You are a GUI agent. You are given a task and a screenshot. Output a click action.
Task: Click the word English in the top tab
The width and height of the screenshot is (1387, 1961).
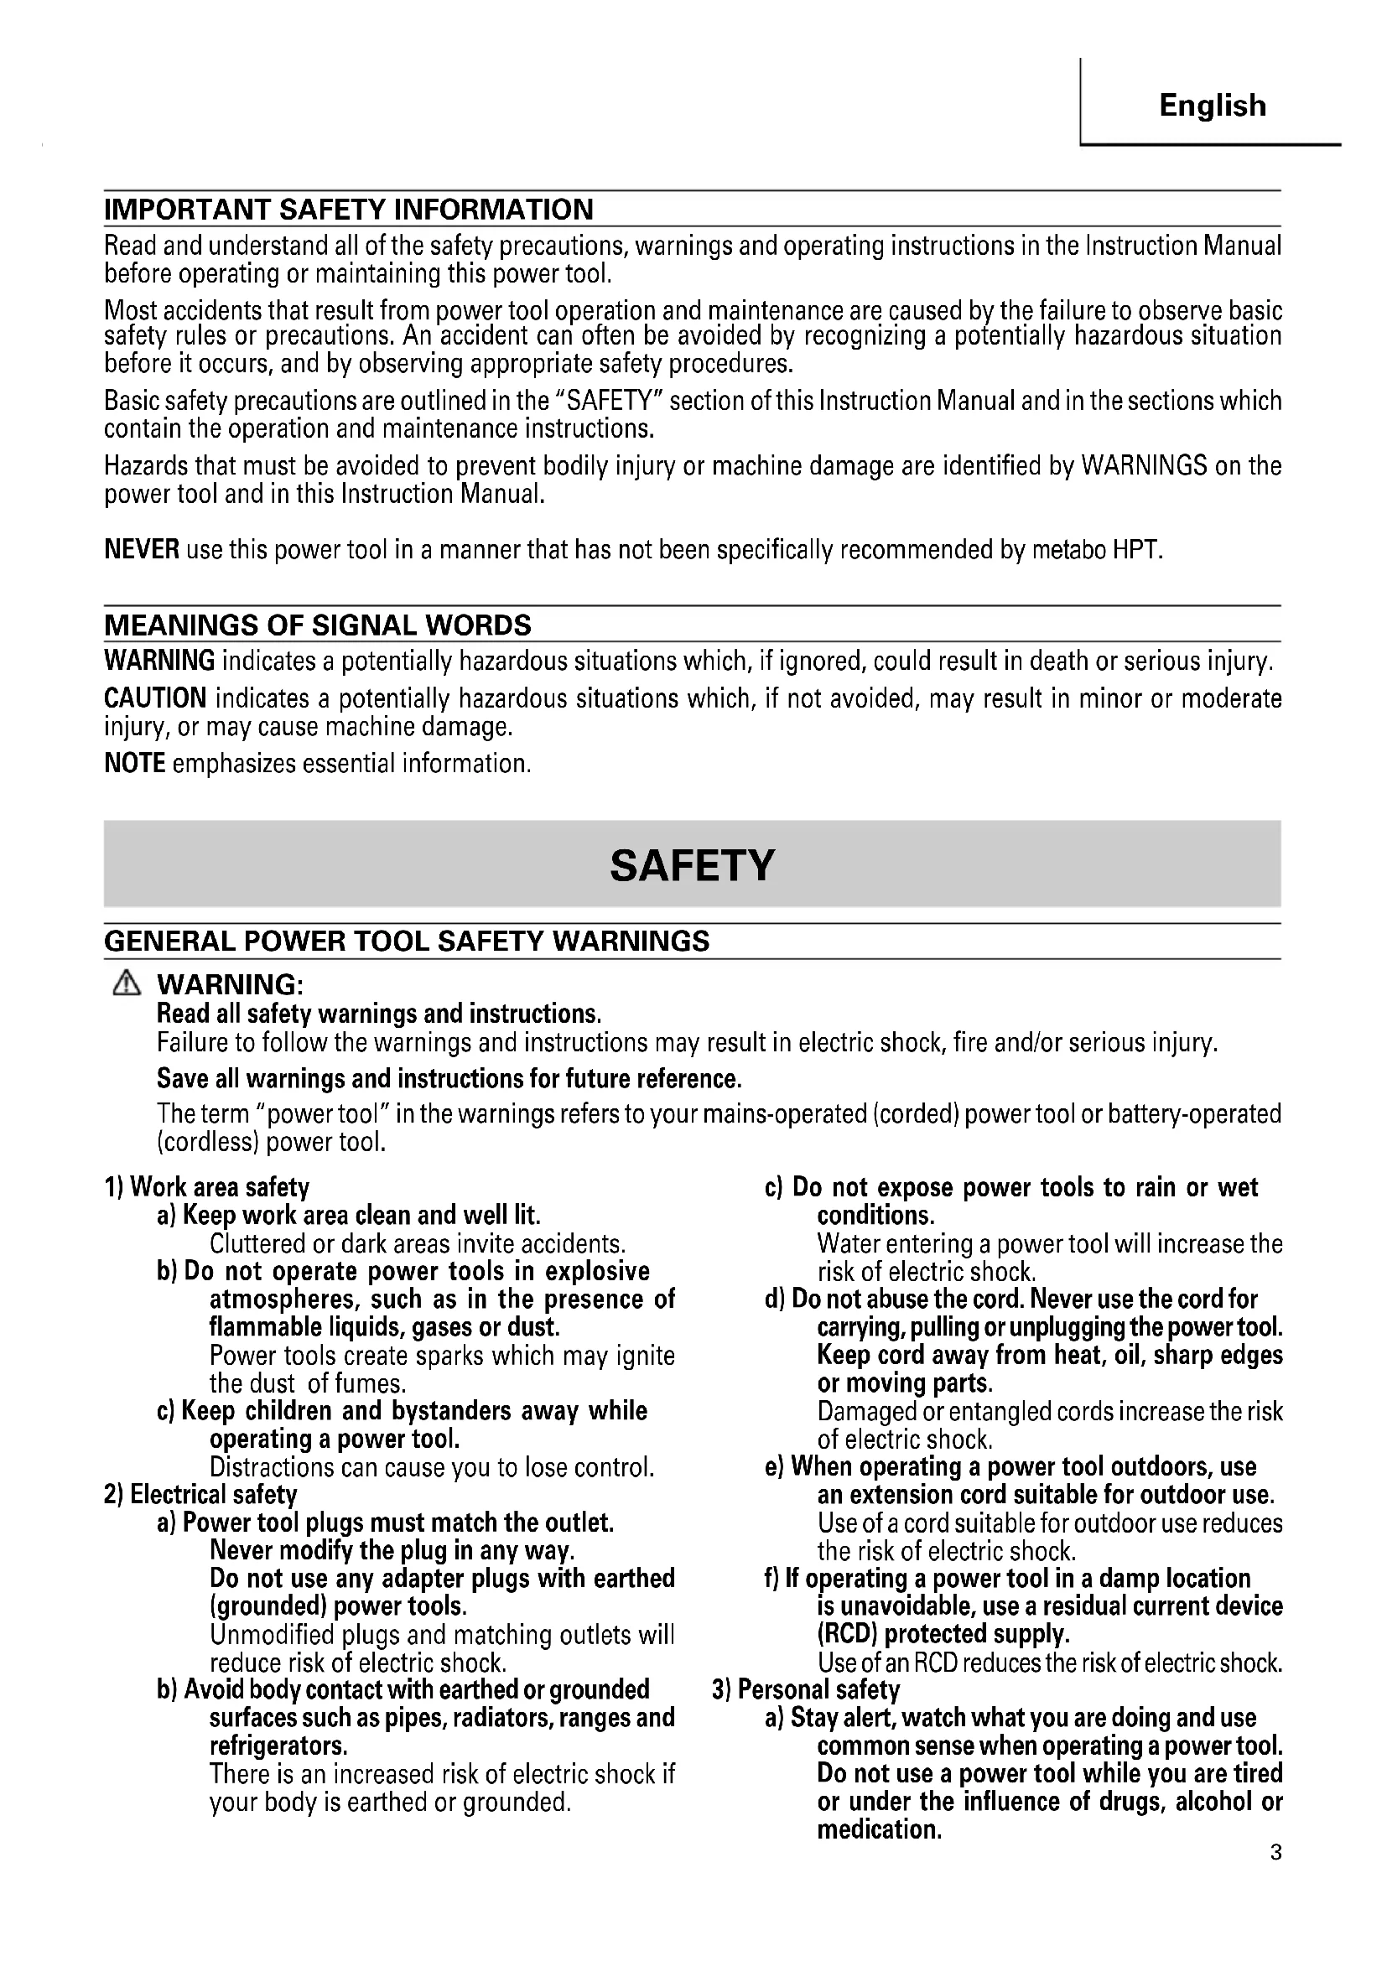(1212, 106)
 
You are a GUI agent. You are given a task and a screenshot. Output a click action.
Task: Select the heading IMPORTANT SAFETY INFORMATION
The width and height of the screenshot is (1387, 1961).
(349, 210)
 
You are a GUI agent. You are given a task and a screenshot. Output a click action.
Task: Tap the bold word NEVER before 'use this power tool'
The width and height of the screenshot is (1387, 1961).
(142, 549)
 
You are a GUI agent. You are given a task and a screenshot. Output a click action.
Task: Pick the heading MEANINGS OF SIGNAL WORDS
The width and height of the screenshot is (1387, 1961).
(317, 625)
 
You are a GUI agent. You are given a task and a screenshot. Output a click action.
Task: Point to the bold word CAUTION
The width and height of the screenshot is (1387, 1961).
(155, 698)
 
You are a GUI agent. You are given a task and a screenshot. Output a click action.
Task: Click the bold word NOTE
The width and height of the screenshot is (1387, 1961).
(135, 763)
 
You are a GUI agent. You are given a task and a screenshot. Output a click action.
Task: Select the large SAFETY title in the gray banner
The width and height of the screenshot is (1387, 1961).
(692, 865)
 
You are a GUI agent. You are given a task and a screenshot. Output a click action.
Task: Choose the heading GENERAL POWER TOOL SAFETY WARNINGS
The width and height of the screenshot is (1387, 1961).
(407, 942)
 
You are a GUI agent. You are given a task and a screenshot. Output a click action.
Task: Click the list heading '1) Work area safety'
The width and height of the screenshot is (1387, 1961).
(206, 1187)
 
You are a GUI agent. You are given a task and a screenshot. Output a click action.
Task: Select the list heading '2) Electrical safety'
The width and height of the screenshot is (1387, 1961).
(200, 1495)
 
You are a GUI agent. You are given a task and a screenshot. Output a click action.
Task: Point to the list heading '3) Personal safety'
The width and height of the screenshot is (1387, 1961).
(805, 1690)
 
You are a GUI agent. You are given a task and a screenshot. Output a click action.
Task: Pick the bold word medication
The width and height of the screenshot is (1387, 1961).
(879, 1829)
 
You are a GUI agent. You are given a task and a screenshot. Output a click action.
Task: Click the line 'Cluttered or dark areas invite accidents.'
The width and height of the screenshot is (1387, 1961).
(418, 1243)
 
